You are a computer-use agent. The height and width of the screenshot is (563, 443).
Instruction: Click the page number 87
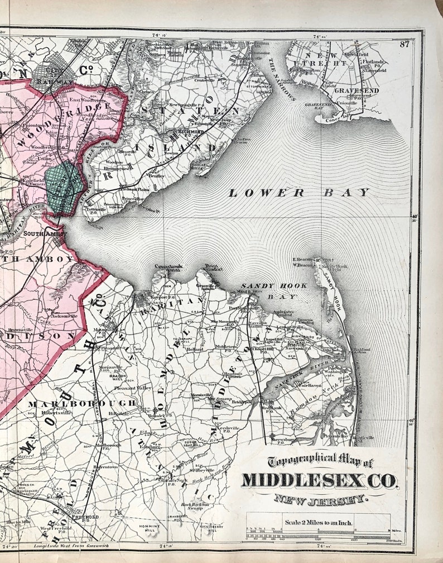(405, 45)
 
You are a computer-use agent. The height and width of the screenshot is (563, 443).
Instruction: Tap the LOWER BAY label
(298, 193)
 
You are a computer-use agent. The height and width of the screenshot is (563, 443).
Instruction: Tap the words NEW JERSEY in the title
(321, 499)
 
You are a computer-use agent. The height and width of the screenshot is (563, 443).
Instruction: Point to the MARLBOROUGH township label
(81, 403)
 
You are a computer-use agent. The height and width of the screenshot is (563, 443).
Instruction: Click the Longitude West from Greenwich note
(71, 545)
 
